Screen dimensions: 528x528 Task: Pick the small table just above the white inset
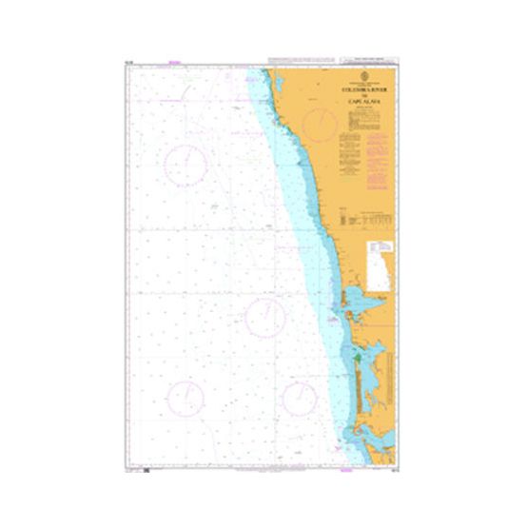(x=367, y=218)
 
